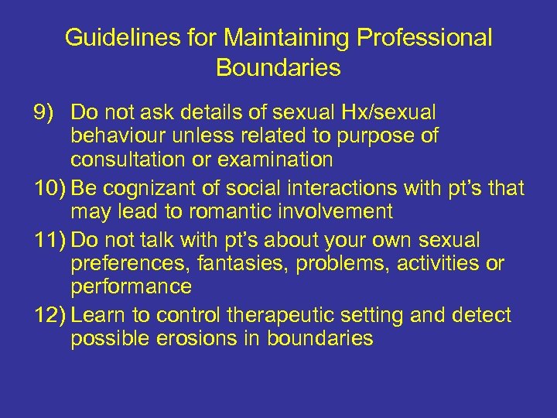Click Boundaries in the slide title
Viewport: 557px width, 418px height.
(x=278, y=67)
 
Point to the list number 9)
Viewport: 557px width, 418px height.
(x=46, y=112)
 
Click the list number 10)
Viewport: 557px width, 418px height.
(x=50, y=187)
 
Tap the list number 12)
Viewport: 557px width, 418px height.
(x=50, y=315)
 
